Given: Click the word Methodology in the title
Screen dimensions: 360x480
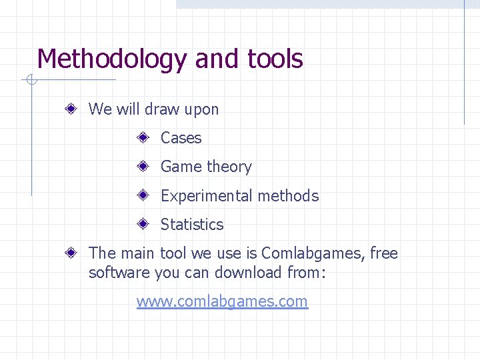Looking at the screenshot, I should point(112,60).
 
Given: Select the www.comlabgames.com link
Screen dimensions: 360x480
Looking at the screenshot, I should point(222,301).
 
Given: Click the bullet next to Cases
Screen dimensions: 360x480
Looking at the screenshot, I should point(143,138).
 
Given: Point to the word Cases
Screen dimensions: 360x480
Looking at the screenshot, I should point(181,138).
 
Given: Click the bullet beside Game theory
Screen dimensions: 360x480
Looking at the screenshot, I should point(143,167).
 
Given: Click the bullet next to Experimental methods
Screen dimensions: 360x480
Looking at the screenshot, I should point(143,196).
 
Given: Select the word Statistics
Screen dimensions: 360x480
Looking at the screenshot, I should point(192,225).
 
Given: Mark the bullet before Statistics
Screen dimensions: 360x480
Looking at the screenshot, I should point(143,225).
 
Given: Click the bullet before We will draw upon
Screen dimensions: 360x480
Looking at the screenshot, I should point(71,109).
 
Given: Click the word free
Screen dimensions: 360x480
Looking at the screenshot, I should point(383,253).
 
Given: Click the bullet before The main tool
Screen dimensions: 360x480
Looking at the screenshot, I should point(71,253).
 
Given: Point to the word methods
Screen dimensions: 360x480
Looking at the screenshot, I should point(288,196).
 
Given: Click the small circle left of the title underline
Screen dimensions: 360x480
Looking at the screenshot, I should point(31,81).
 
